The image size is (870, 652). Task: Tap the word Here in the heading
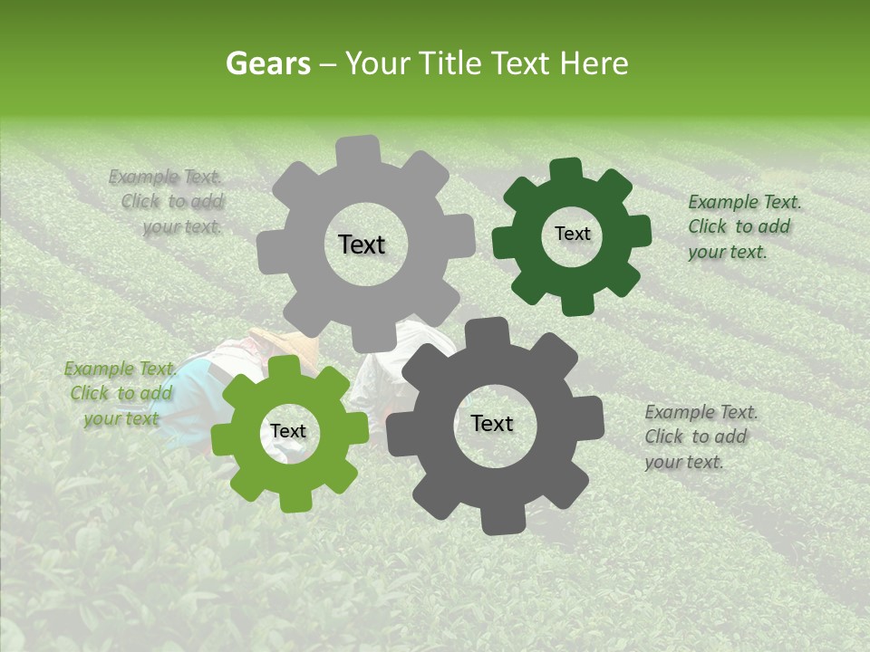[594, 63]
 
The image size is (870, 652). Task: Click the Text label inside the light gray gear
[362, 244]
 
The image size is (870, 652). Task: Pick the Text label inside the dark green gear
[572, 234]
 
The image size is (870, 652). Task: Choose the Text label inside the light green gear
[288, 432]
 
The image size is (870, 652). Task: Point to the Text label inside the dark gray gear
[492, 424]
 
